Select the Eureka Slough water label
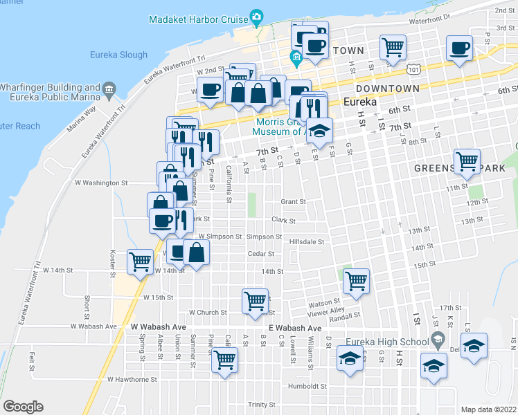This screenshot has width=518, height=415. (x=118, y=55)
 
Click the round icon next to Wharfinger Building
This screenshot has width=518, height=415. (x=109, y=89)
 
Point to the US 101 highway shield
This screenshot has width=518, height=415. (x=413, y=71)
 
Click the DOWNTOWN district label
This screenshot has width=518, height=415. (x=387, y=89)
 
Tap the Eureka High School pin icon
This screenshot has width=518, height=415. (x=438, y=340)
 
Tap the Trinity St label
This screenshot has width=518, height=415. (x=262, y=405)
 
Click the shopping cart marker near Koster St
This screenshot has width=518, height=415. (x=141, y=261)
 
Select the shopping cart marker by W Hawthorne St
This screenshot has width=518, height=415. (x=224, y=360)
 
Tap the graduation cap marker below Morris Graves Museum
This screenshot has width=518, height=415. (x=320, y=129)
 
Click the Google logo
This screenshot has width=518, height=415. (x=23, y=406)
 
